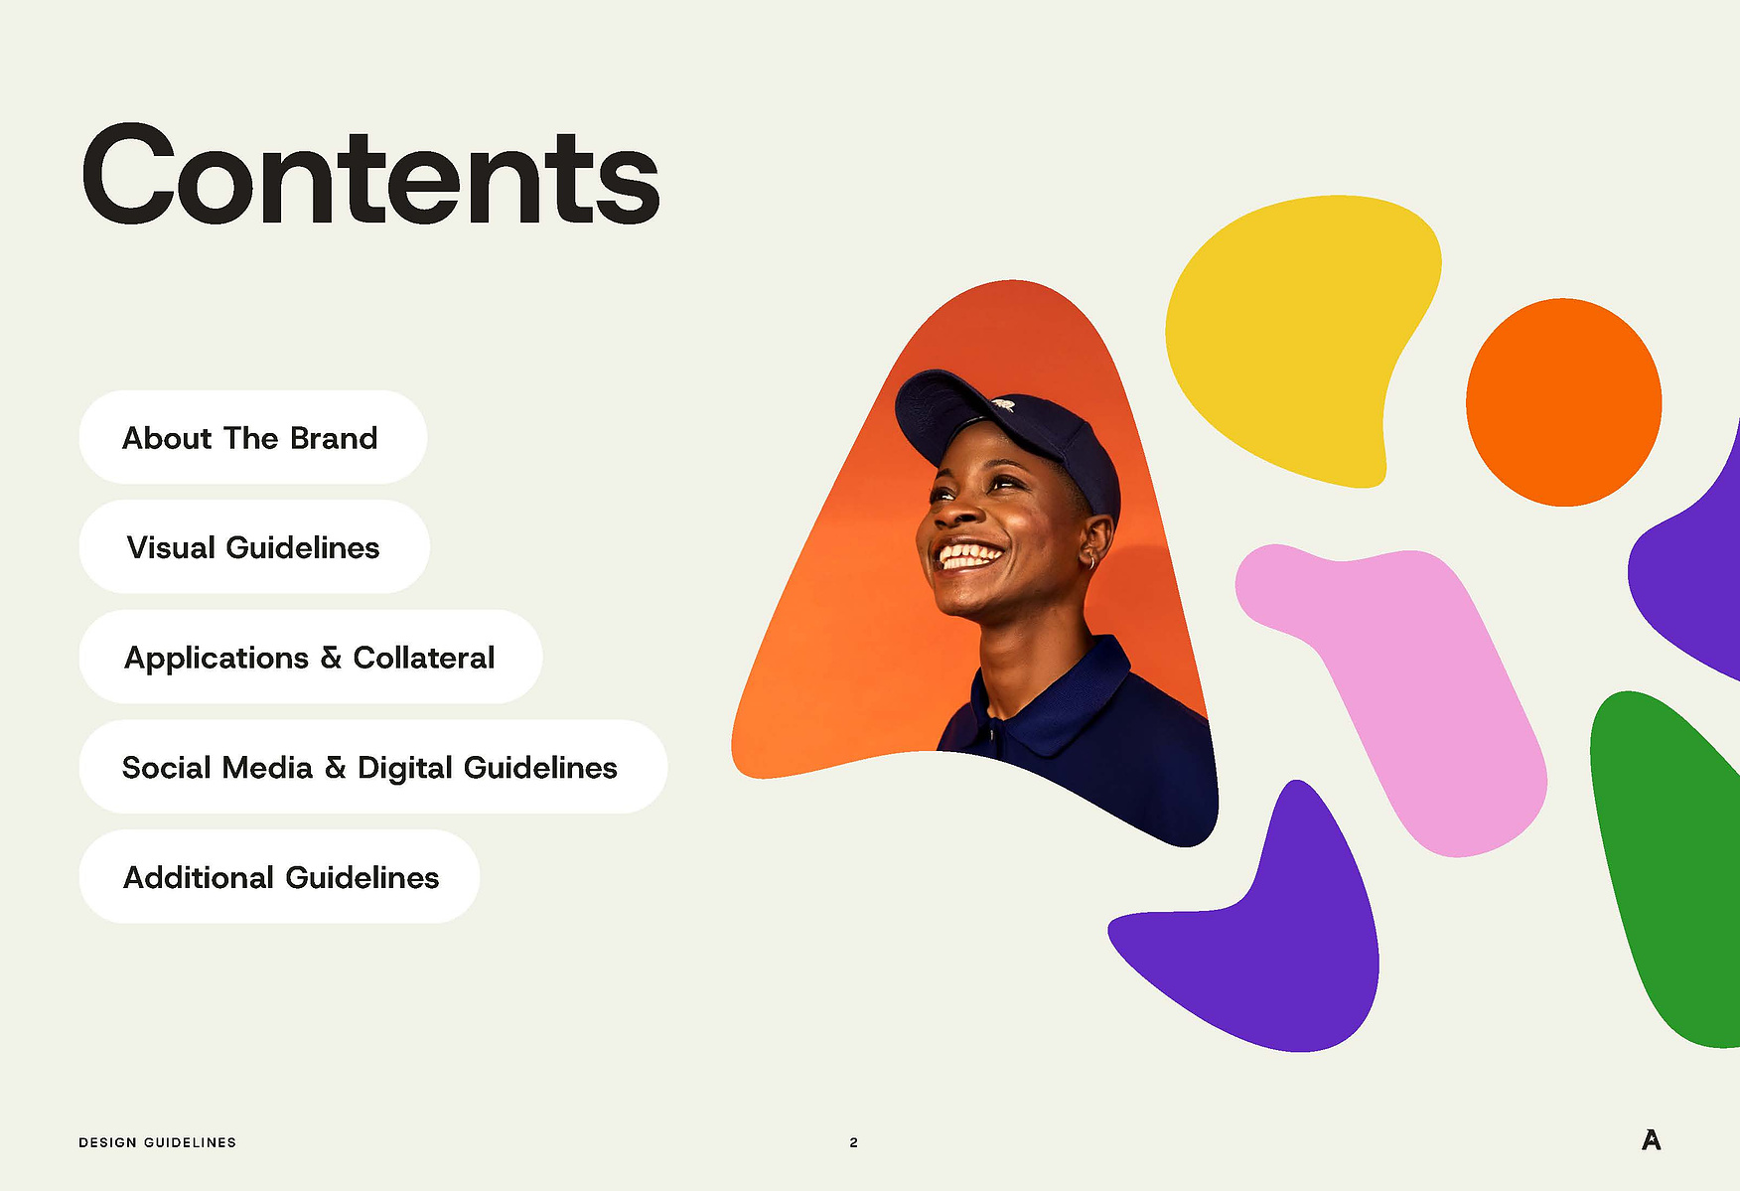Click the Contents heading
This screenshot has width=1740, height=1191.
370,177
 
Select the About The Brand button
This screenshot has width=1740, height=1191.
252,437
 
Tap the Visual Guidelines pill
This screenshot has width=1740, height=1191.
254,547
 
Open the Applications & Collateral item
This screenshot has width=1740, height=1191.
310,657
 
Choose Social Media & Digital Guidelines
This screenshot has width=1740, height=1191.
372,767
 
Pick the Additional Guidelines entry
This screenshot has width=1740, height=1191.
279,876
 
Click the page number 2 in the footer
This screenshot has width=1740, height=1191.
853,1142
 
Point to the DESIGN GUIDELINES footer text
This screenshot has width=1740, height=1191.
157,1142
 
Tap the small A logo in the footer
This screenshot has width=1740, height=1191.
1651,1139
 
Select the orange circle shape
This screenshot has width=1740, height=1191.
1563,402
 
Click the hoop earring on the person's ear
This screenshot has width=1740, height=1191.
1092,561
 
